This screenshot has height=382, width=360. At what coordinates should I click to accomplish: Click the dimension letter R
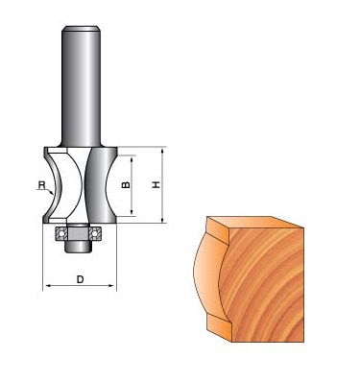tap(41, 185)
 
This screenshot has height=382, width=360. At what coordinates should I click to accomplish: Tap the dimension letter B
tap(127, 185)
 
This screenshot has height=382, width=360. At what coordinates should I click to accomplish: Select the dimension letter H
tap(156, 184)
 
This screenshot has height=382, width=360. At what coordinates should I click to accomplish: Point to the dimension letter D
tap(80, 279)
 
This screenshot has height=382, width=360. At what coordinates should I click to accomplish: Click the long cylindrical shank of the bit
tap(82, 86)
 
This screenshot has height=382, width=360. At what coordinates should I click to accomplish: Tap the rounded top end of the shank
tap(82, 29)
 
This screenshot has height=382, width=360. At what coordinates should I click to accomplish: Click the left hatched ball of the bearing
tap(61, 233)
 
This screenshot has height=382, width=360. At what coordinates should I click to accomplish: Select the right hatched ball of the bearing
tap(95, 233)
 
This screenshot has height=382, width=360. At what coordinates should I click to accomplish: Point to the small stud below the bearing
tap(78, 246)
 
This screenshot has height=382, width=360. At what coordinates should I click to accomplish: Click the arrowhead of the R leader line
tap(51, 193)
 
